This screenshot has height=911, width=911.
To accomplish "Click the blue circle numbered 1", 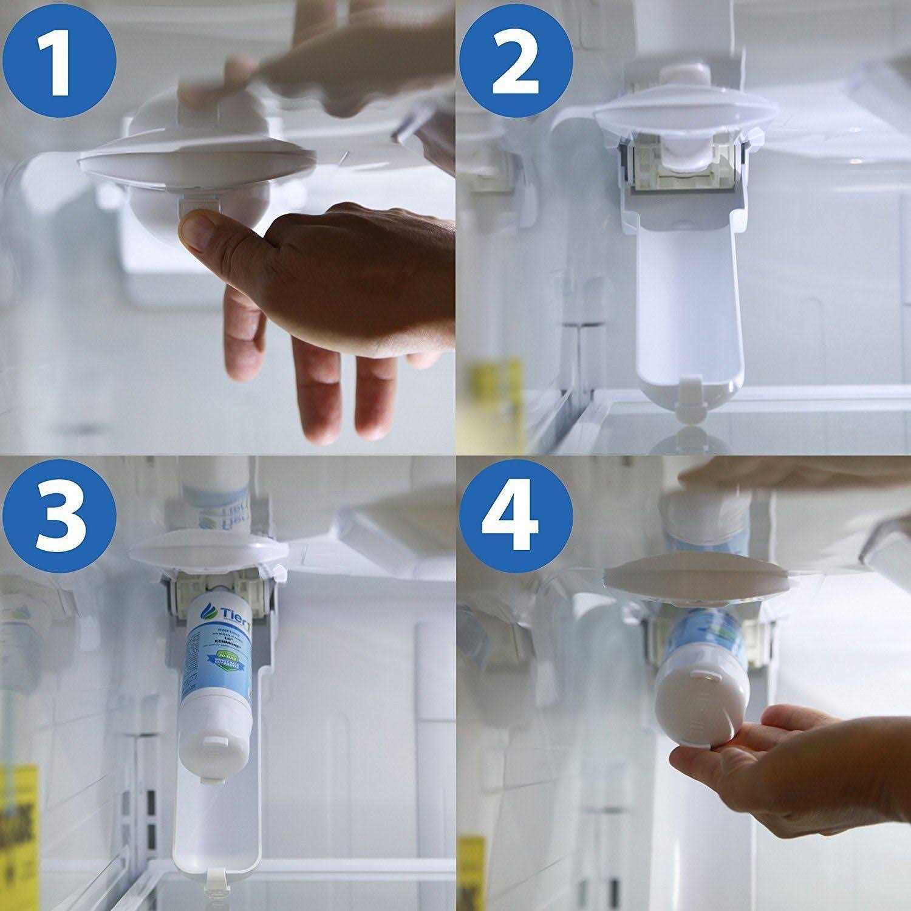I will (x=58, y=58).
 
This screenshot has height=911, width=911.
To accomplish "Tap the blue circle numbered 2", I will (x=516, y=58).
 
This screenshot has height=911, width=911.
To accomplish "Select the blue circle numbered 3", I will (x=58, y=516).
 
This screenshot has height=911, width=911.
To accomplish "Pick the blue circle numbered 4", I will (x=516, y=516).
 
